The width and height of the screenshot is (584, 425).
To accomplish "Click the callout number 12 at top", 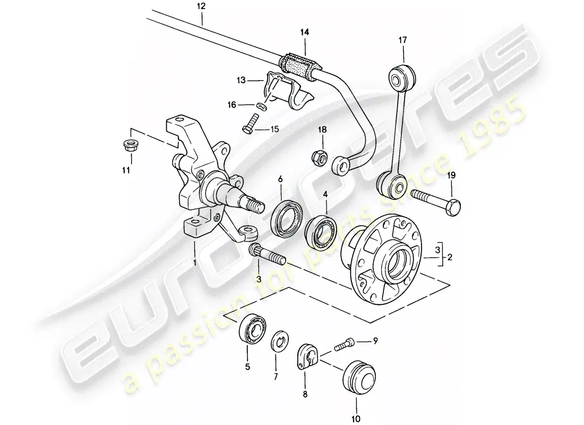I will click(x=201, y=7).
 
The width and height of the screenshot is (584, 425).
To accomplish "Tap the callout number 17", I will click(x=402, y=40).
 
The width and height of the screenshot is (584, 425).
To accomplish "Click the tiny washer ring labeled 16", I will click(x=261, y=106).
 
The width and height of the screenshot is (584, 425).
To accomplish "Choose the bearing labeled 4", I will click(x=320, y=232).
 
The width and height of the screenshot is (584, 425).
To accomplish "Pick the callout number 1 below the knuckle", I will click(x=195, y=262).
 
